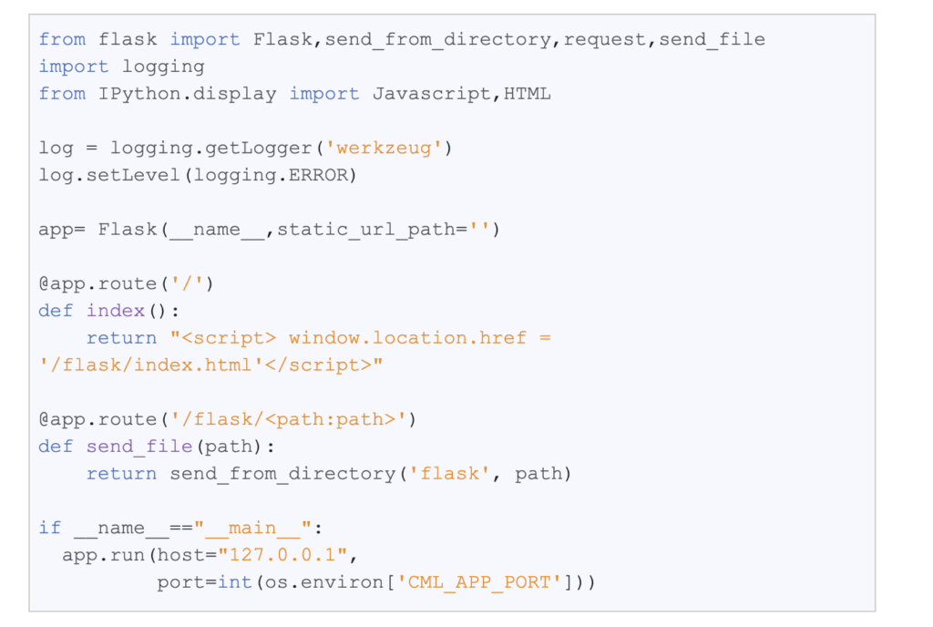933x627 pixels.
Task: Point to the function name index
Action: tap(116, 311)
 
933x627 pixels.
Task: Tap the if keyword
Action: tap(50, 528)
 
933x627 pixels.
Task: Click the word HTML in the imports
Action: tap(528, 94)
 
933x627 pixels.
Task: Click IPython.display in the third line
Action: tap(188, 94)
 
